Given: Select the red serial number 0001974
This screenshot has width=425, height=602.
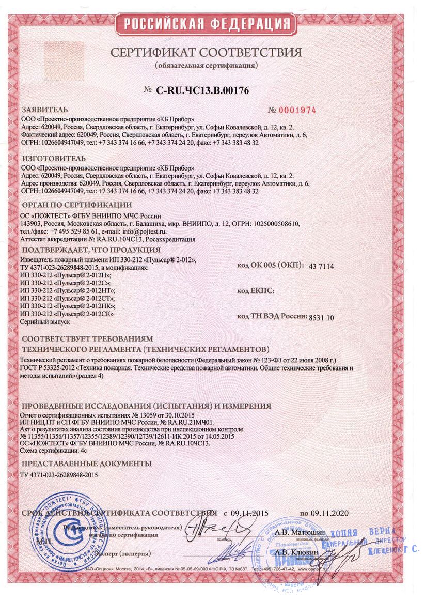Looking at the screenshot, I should click(x=292, y=111).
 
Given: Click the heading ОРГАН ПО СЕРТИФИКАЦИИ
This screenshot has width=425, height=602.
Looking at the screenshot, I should click(x=69, y=205).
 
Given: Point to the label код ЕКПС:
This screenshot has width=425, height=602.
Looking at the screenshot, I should click(x=256, y=291).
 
